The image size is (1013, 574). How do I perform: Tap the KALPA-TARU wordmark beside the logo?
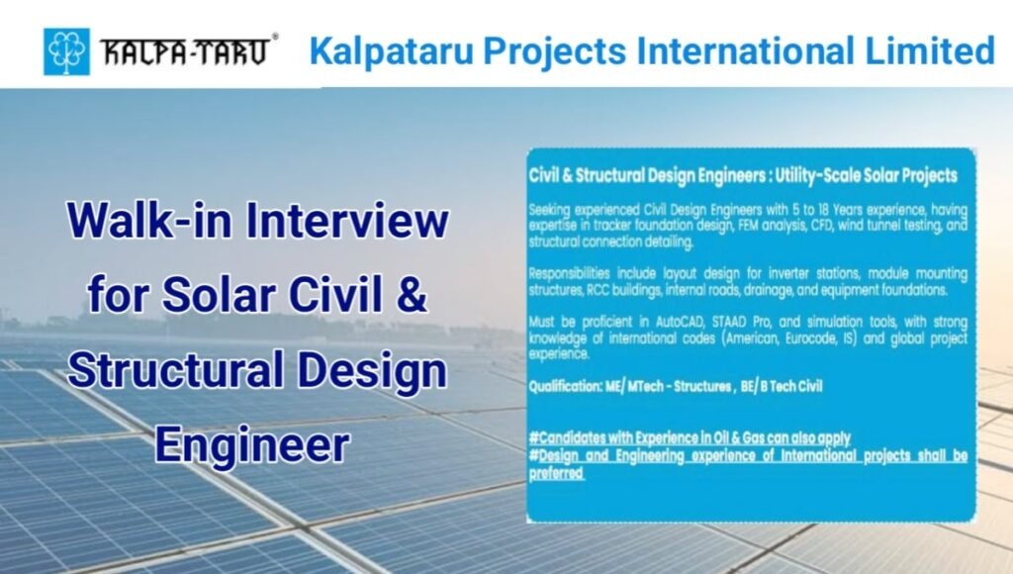pos(185,52)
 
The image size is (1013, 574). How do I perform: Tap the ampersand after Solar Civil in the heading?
pos(414,296)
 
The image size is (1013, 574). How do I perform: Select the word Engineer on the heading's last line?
pos(251,444)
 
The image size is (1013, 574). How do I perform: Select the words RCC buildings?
pos(610,291)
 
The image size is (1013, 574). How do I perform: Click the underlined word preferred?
pos(557,472)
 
